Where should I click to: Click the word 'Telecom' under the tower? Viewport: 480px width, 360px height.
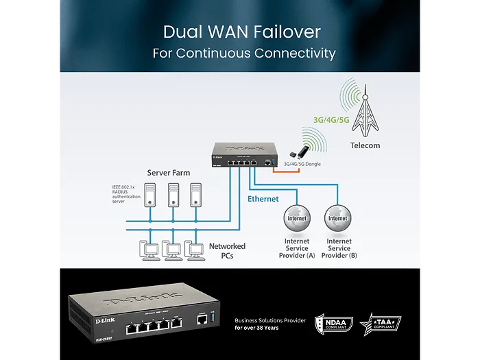click(364, 145)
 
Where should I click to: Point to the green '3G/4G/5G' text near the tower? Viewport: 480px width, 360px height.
click(331, 119)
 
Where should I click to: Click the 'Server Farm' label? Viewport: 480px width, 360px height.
click(169, 173)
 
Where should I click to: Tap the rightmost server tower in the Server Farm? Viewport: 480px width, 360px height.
click(196, 195)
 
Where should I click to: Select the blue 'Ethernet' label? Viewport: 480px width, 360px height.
click(263, 199)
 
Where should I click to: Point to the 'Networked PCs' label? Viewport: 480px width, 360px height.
click(227, 250)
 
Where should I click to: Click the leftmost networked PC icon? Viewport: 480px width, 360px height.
click(149, 251)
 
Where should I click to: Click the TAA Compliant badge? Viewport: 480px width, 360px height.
click(381, 324)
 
